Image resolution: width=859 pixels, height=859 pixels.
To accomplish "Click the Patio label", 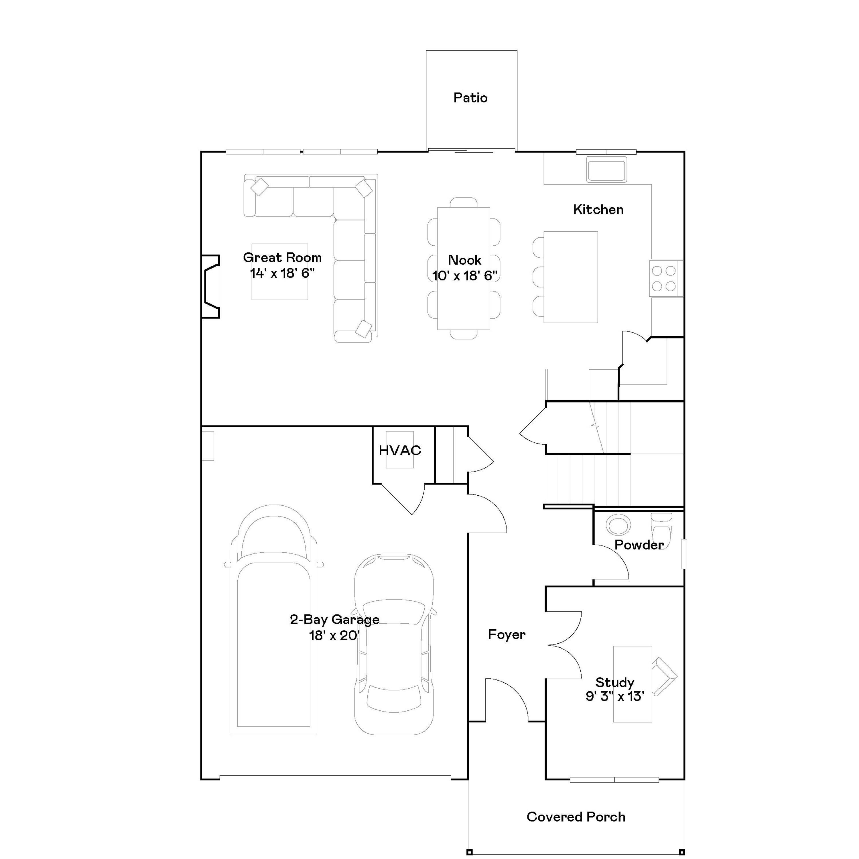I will (x=470, y=98).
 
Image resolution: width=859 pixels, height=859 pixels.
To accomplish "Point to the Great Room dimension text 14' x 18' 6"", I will (x=282, y=273).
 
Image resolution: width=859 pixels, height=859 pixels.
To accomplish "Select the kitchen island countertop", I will (x=570, y=277).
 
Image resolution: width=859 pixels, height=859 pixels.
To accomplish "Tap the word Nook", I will (x=465, y=260).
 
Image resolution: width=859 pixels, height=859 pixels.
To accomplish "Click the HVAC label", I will (x=400, y=450).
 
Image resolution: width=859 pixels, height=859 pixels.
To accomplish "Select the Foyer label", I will (x=507, y=635).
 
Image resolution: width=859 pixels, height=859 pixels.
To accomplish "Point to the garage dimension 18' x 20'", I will (x=334, y=635).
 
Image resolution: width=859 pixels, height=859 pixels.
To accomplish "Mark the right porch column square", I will (x=681, y=852).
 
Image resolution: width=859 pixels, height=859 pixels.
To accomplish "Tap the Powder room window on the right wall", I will (x=684, y=553).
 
